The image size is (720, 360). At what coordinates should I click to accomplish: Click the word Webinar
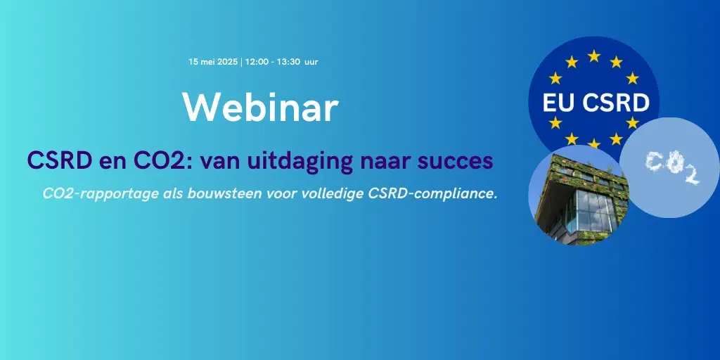(260, 107)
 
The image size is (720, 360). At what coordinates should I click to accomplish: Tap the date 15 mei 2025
(214, 62)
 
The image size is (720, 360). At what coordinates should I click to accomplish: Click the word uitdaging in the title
(298, 161)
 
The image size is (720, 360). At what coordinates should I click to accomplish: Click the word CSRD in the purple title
(56, 161)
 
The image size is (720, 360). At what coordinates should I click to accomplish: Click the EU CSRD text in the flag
(596, 103)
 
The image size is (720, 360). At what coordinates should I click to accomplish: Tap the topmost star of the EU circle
(593, 56)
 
